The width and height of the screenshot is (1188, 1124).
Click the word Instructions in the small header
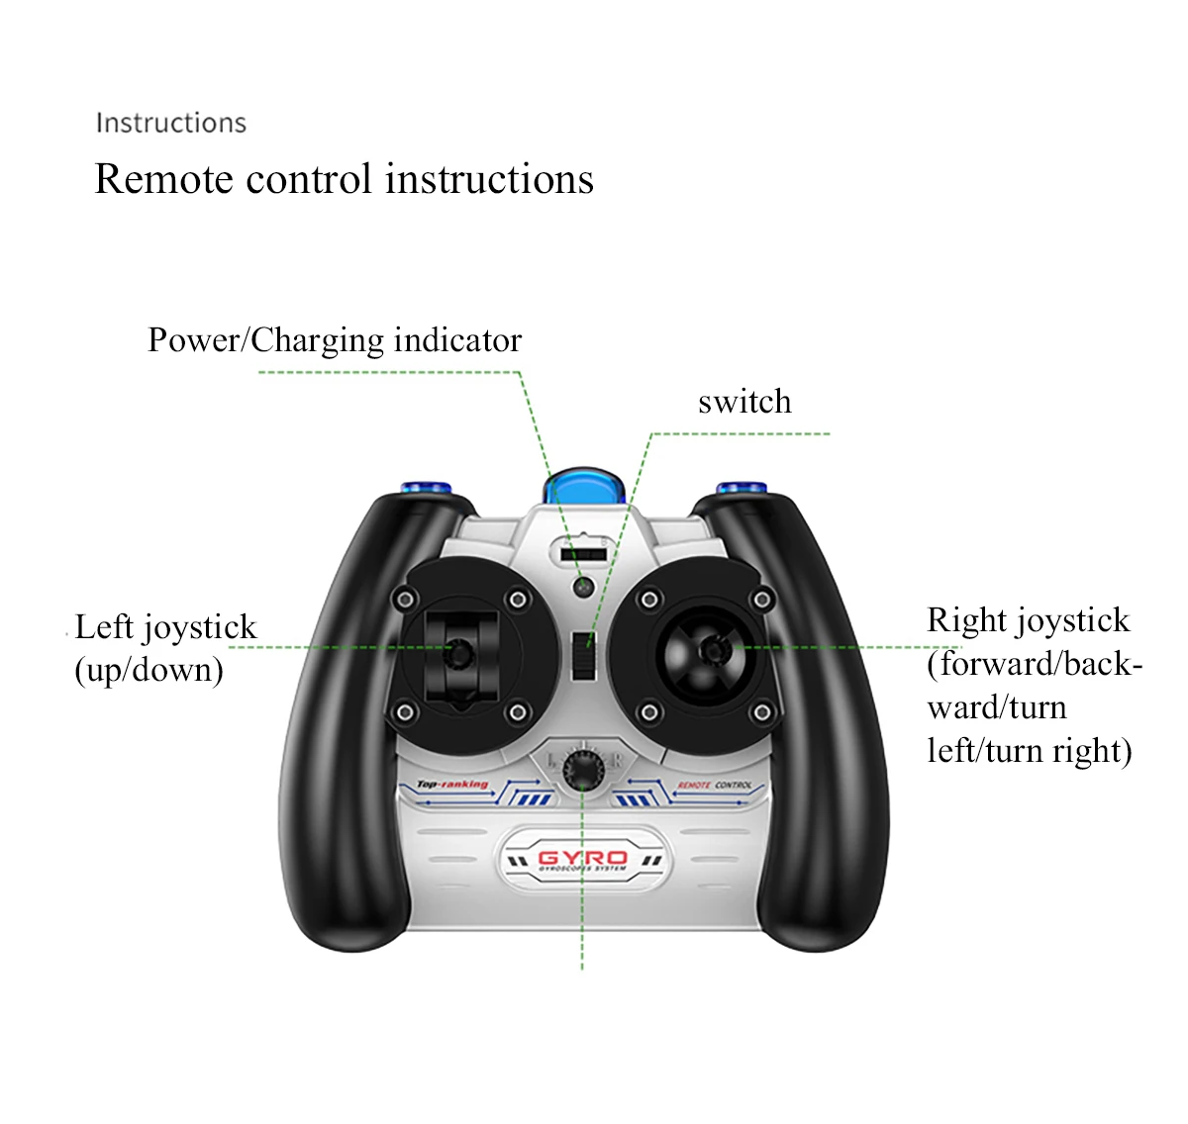point(170,123)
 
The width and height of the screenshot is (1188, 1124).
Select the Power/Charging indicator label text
point(335,340)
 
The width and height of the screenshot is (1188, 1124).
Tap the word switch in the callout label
point(744,402)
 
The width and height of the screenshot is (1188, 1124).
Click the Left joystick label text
point(165,627)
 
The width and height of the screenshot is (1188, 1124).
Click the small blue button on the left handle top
point(426,489)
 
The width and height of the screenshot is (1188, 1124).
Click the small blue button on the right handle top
point(742,489)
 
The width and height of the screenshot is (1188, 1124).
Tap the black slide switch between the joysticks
point(584,653)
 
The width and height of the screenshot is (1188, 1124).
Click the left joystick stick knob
point(460,652)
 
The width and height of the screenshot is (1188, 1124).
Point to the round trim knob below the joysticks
point(584,769)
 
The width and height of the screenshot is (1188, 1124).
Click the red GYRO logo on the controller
point(583,858)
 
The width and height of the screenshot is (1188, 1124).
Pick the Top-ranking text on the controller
point(452,785)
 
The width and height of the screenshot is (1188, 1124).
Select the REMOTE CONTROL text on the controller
point(715,786)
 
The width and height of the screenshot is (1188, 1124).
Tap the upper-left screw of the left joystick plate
point(404,599)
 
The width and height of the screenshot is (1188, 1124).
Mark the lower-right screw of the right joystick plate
point(761,712)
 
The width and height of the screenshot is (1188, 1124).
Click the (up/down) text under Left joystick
point(148,671)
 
